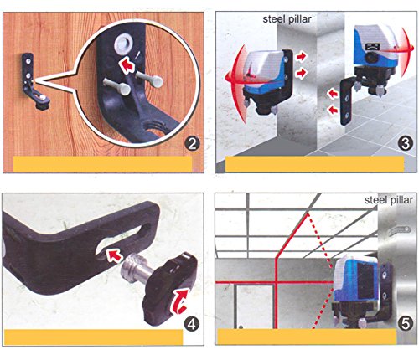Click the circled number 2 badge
coord(192,144)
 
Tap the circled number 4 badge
coord(192,324)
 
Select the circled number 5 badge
coord(406,324)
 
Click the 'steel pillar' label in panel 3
coord(287,19)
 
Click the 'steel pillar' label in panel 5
coord(389,200)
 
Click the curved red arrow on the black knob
coord(180,301)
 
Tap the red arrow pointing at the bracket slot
coord(114,256)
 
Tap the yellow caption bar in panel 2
coord(102,164)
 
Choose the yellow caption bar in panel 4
coord(94,337)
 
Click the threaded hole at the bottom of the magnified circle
coord(153,128)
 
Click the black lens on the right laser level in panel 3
coord(371,58)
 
